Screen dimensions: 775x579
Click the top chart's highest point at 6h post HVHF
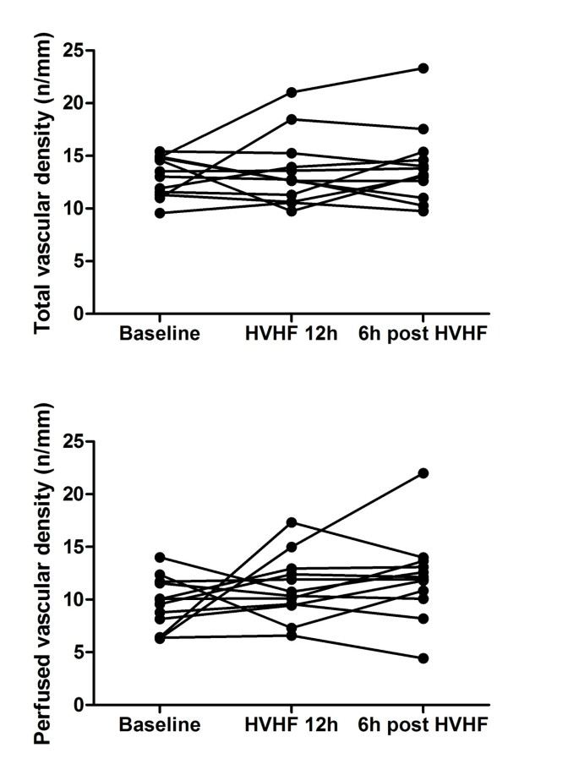coord(423,68)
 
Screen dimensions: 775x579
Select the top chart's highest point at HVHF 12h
coord(292,92)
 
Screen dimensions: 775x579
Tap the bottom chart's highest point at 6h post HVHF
coord(423,473)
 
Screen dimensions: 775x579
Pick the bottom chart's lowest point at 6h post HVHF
coord(423,658)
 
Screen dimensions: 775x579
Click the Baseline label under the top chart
coord(161,333)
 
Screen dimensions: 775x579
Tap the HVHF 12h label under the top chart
coord(292,333)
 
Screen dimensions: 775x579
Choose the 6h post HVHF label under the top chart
coord(423,333)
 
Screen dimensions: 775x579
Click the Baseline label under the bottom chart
coord(161,724)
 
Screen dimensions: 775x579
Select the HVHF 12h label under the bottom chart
coord(292,724)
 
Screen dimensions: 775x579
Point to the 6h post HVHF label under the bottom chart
coord(423,724)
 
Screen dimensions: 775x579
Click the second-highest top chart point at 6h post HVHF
coord(423,128)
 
